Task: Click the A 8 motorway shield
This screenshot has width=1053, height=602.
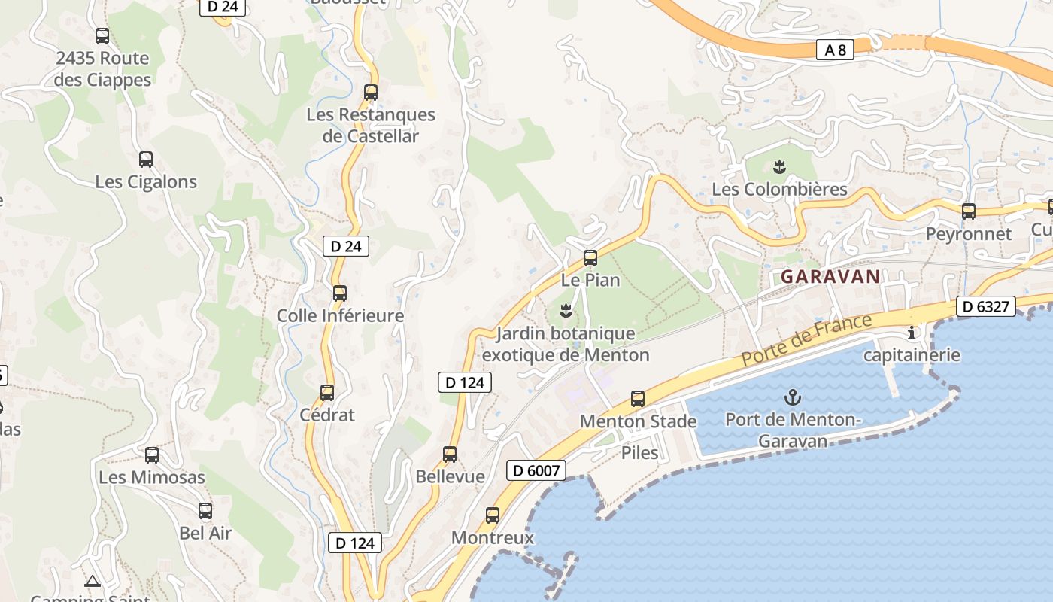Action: point(835,50)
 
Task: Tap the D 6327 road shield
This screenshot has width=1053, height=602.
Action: point(986,306)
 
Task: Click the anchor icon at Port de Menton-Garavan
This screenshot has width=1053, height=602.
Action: point(792,397)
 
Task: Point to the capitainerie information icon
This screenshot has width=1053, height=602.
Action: point(912,333)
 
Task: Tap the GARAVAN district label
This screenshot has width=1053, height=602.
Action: point(830,276)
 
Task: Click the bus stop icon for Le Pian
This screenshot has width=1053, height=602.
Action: point(590,258)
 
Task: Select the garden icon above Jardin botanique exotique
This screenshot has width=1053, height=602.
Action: point(566,310)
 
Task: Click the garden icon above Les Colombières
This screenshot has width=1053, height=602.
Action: point(779,166)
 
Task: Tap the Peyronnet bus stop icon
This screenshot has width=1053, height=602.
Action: point(969,211)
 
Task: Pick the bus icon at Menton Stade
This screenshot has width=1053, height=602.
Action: point(638,399)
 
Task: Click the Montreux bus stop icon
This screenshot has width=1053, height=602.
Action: point(493,515)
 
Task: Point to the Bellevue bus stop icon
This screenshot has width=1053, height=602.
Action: point(450,455)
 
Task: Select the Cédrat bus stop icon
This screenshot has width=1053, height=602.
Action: point(327,392)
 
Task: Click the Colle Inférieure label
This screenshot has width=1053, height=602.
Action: point(340,316)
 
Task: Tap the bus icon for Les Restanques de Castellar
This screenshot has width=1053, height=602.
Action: point(371,93)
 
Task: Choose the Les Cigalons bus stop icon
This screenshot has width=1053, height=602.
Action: point(146,160)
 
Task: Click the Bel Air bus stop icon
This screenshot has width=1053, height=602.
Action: point(205,511)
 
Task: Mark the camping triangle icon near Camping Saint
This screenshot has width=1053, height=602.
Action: point(93,581)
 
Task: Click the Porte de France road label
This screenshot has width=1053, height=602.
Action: point(806,340)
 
